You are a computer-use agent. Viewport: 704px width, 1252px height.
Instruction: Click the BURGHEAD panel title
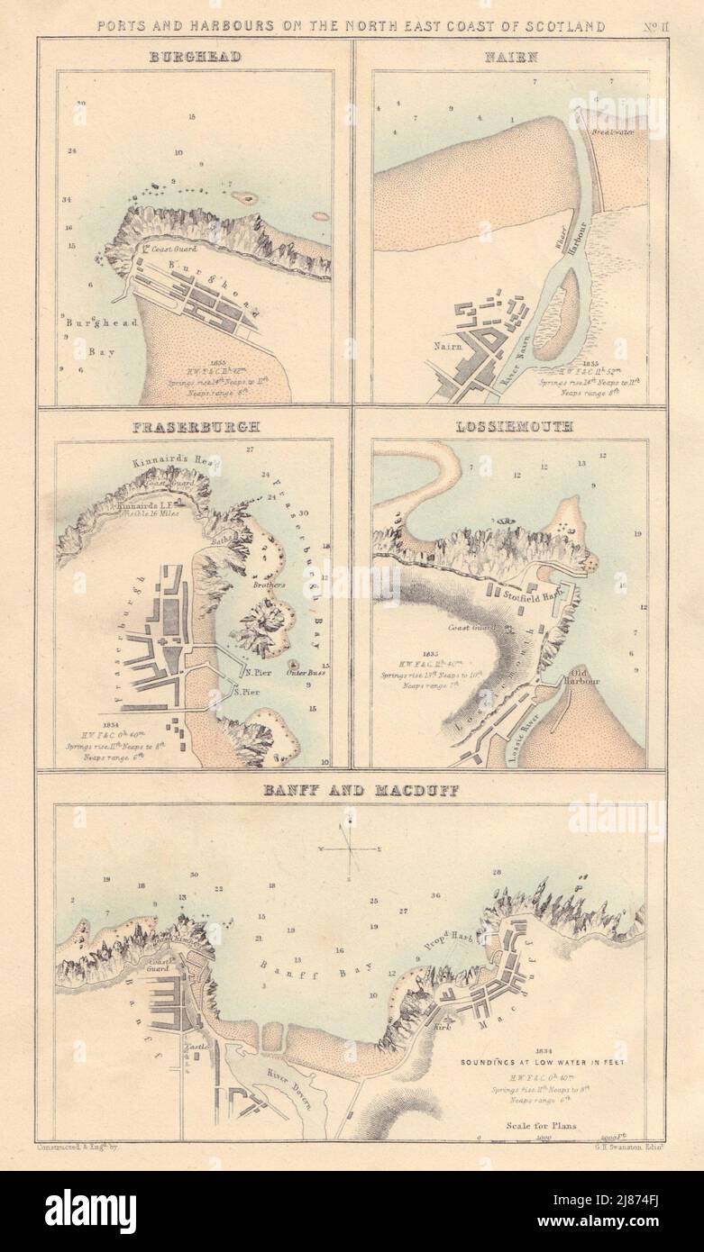point(196,59)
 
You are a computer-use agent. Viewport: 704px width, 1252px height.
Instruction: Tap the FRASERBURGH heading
point(194,427)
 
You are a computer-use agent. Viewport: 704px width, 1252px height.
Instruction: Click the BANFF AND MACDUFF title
point(352,793)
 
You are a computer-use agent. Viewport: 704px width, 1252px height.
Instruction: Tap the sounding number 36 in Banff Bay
point(435,895)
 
